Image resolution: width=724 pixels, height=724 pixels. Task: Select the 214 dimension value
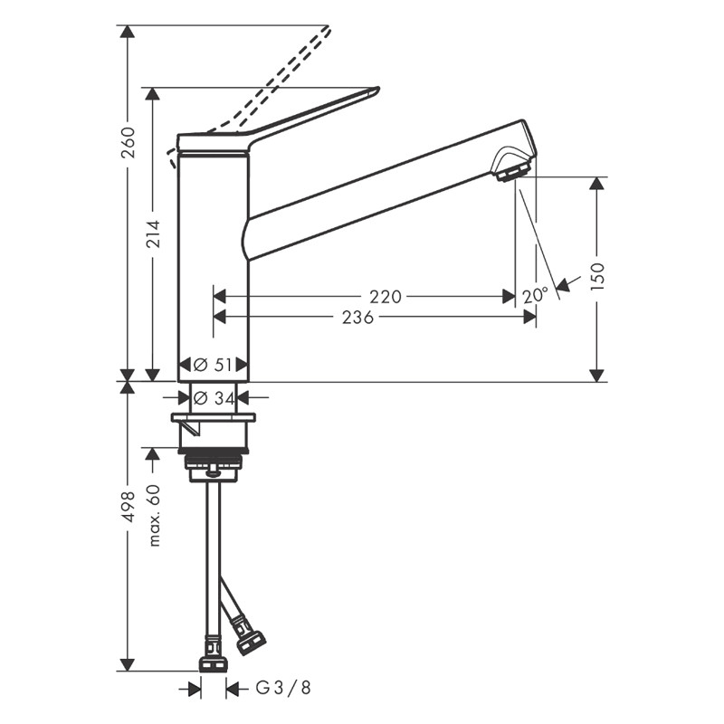click(x=154, y=237)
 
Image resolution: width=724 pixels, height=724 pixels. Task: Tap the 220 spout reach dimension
click(x=386, y=296)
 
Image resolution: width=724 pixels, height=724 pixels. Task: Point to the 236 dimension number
click(x=359, y=317)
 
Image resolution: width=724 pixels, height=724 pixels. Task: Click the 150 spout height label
click(x=597, y=275)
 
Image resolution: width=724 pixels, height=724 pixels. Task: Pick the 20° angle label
click(x=536, y=295)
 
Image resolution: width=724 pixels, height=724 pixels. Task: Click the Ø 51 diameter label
click(x=214, y=365)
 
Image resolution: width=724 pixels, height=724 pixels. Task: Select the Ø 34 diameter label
click(x=214, y=396)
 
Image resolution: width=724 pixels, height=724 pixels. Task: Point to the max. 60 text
click(x=154, y=515)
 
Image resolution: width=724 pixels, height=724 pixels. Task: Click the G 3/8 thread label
click(x=282, y=689)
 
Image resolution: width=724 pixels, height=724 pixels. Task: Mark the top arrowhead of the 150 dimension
click(x=596, y=184)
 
